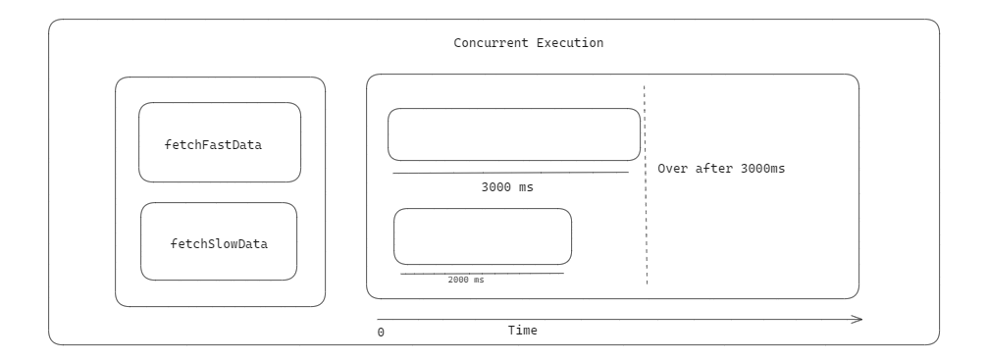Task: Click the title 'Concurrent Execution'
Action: point(528,44)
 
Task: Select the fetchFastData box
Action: point(219,142)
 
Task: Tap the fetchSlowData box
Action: point(219,241)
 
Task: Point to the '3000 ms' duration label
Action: point(507,186)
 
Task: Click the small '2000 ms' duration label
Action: point(466,280)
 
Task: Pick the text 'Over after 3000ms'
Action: point(721,168)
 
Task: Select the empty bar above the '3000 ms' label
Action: point(513,134)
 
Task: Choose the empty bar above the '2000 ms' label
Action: point(482,236)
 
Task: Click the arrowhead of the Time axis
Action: point(857,319)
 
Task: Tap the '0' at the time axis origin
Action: point(381,333)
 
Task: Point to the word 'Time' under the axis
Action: point(522,331)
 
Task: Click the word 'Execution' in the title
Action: point(570,44)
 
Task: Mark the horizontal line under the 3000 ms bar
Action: point(510,173)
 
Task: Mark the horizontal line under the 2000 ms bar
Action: point(481,273)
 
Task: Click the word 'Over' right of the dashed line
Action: point(672,168)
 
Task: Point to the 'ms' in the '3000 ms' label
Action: point(526,186)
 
